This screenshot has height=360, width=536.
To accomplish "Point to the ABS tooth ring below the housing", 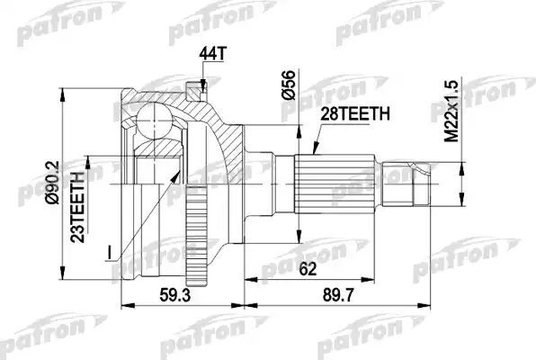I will click(x=192, y=242).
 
